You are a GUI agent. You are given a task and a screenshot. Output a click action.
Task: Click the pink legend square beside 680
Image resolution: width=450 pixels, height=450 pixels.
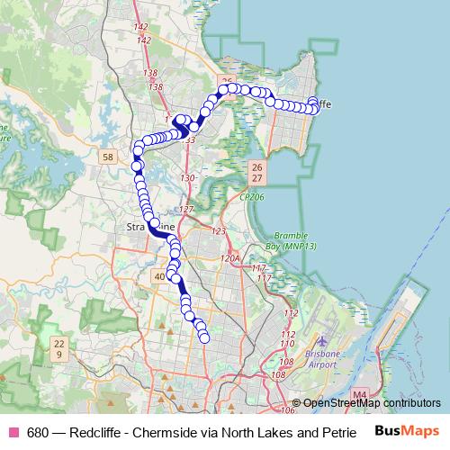click(x=14, y=431)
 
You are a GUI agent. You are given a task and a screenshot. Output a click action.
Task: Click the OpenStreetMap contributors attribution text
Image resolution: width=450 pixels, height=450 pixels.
click(x=373, y=403)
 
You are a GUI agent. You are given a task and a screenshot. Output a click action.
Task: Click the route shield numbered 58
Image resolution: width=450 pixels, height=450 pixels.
click(x=109, y=157)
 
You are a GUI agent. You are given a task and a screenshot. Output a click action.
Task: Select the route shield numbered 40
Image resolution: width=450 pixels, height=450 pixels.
click(x=160, y=276)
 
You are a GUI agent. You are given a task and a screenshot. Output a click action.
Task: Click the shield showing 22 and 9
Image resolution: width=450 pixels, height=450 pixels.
click(x=59, y=348)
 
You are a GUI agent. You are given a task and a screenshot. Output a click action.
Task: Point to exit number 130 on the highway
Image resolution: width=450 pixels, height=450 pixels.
click(x=187, y=179)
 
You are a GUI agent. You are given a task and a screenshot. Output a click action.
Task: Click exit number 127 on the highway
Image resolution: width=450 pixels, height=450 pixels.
click(x=186, y=210)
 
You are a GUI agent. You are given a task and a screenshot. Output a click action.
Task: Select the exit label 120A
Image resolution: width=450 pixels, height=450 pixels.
click(x=231, y=258)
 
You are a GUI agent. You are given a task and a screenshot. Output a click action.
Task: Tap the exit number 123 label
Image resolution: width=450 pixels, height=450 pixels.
click(x=218, y=232)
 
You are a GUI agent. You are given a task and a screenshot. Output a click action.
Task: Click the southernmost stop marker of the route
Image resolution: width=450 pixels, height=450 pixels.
click(x=204, y=337)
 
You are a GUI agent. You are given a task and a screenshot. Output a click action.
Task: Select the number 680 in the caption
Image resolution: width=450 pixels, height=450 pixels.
click(x=38, y=431)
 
